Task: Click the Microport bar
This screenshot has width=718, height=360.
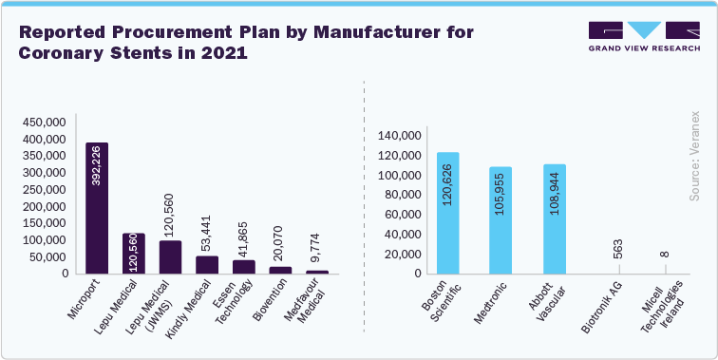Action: click(97, 208)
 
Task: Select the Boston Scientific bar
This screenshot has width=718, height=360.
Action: click(447, 213)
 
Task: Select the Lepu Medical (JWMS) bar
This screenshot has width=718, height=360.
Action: click(170, 257)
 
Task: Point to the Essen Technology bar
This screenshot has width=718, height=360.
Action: click(244, 267)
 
